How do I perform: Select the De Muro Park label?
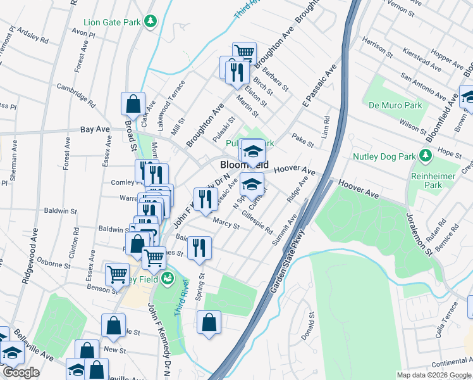pyautogui.click(x=388, y=106)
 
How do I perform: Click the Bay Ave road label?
pyautogui.click(x=95, y=129)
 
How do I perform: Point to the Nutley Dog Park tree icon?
pyautogui.click(x=426, y=155)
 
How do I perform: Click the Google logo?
pyautogui.click(x=20, y=373)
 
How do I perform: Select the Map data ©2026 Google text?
pyautogui.click(x=433, y=375)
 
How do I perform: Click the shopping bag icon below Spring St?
pyautogui.click(x=209, y=323)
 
